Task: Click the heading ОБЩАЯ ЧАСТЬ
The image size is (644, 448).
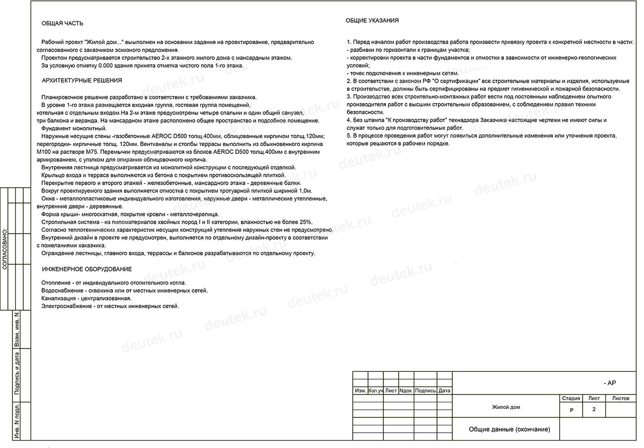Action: click(62, 23)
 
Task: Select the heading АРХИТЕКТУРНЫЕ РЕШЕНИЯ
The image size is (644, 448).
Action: click(82, 80)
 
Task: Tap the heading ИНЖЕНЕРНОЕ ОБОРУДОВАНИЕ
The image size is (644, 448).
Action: click(87, 269)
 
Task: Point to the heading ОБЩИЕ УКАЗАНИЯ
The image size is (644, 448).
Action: click(372, 21)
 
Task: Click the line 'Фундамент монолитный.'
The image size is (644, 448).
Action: click(74, 128)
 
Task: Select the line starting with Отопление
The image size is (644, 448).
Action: click(113, 283)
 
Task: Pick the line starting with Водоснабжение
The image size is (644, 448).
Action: click(124, 291)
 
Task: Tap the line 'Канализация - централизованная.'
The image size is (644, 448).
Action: click(86, 299)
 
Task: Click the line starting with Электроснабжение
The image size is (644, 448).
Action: click(110, 306)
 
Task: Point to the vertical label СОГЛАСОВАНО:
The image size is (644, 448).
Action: click(5, 249)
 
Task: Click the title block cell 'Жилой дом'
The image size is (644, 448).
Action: click(506, 407)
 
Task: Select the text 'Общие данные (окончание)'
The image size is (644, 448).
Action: click(509, 429)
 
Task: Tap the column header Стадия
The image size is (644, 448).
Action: click(571, 398)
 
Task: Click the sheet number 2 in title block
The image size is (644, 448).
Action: click(593, 409)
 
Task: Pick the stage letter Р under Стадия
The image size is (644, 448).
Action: click(571, 410)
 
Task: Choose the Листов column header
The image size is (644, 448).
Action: click(621, 398)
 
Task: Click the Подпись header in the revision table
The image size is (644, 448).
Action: click(425, 391)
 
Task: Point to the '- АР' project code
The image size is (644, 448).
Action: click(610, 383)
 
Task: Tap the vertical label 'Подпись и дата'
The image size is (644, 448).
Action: click(17, 373)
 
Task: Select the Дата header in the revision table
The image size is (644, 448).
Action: click(444, 391)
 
